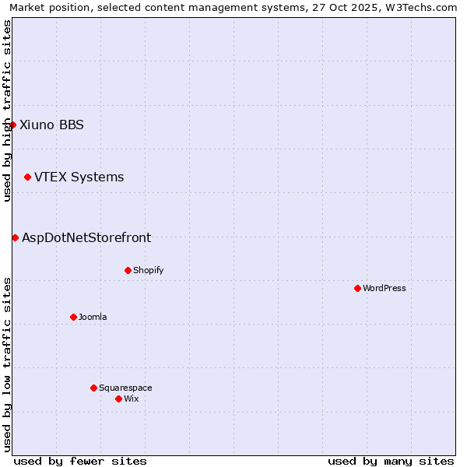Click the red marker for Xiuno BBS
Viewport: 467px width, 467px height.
[12, 125]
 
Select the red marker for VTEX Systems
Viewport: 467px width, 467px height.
[27, 177]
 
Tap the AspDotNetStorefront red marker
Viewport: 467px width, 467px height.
[15, 237]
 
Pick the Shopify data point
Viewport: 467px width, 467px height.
[128, 270]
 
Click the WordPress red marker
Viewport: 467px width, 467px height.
[357, 288]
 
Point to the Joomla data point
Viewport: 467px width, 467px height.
[73, 317]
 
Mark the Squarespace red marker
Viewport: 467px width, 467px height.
[93, 388]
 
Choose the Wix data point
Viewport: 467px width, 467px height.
[118, 399]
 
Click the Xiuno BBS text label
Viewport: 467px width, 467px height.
[51, 125]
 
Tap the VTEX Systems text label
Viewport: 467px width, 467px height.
[79, 177]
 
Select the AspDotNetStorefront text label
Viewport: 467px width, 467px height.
[86, 238]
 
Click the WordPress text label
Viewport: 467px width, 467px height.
[384, 288]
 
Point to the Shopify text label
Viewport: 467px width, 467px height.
[148, 270]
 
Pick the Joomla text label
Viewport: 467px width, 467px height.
[93, 317]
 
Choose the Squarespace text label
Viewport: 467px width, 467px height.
[125, 388]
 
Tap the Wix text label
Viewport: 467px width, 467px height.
[131, 399]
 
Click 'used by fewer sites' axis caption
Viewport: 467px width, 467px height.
[80, 462]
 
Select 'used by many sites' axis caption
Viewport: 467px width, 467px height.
[391, 462]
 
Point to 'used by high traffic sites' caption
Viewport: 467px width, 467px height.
[7, 111]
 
